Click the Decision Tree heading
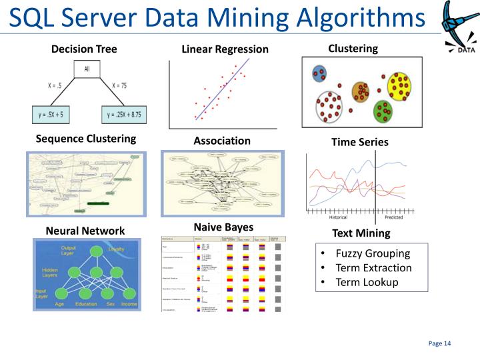point(84,49)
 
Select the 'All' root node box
point(87,69)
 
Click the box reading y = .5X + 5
point(51,115)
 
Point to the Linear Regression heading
point(225,49)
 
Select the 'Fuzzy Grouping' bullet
point(372,253)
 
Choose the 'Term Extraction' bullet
point(373,268)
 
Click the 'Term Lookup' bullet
point(367,282)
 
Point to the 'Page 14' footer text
point(439,343)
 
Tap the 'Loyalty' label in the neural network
point(116,249)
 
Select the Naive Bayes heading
point(223,227)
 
